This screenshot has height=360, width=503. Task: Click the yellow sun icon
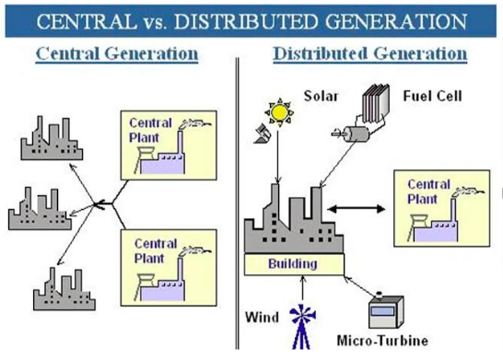tap(278, 111)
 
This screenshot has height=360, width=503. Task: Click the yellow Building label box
tap(293, 264)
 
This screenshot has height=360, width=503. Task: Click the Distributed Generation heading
tap(370, 53)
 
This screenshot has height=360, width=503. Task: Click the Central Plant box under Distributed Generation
tap(432, 201)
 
